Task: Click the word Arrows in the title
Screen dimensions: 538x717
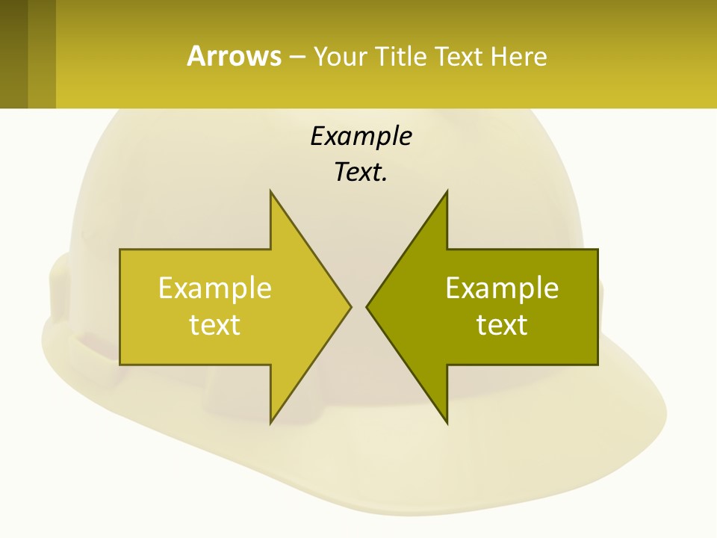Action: [x=234, y=56]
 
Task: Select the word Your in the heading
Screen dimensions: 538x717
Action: [x=340, y=57]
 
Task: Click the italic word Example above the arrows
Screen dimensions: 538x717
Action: [x=361, y=136]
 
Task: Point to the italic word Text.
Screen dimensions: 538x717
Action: [x=361, y=173]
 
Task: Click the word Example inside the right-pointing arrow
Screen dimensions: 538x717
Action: [x=214, y=288]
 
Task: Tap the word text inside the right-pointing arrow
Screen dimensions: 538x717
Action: [x=214, y=325]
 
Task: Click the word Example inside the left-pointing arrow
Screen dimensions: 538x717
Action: [x=502, y=288]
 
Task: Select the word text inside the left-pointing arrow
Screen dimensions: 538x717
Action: [x=502, y=325]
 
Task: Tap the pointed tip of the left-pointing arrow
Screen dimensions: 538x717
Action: [x=367, y=306]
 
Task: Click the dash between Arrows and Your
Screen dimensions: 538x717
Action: [x=297, y=57]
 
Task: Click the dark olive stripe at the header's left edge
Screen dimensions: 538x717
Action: [x=13, y=54]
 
